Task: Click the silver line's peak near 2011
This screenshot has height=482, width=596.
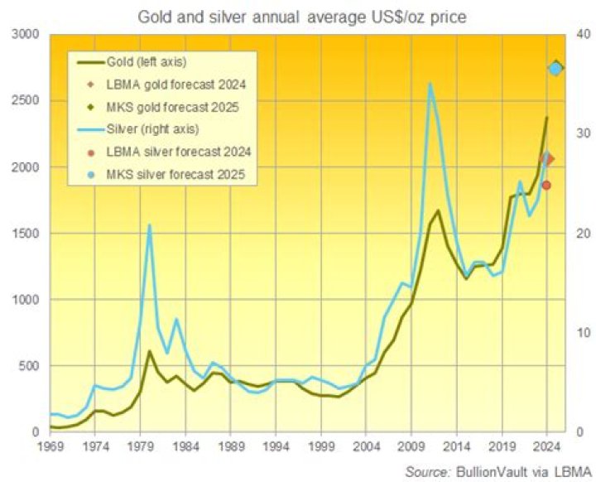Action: click(430, 83)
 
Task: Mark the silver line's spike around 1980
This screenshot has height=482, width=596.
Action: click(150, 224)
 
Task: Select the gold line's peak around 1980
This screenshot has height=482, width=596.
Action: click(150, 351)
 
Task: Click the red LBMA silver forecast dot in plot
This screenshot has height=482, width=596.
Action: click(546, 185)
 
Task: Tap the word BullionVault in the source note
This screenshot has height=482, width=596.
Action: click(487, 470)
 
